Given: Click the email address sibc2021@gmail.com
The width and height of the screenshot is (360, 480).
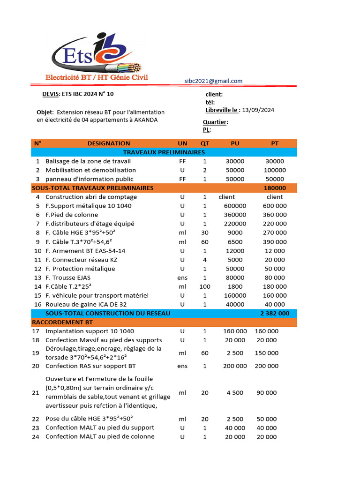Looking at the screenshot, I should tap(213, 81).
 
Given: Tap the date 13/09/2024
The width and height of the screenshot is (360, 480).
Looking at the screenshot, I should tap(258, 110).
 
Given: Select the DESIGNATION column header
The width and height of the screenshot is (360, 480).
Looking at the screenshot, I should tap(109, 143).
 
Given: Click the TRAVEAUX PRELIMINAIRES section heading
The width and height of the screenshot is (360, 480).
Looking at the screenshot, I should tap(164, 152).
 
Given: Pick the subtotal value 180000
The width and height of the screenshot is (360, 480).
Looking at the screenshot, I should tap(275, 188).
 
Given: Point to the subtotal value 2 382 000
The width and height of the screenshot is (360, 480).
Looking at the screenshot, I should tap(274, 313).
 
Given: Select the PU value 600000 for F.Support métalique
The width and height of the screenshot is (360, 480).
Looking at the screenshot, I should tap(235, 206).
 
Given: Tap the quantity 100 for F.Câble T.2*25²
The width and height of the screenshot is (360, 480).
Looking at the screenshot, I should tap(205, 286).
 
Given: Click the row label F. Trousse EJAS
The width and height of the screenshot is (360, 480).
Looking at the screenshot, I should tap(68, 277).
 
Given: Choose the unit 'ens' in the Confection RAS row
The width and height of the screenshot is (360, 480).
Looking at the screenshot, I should tap(182, 366).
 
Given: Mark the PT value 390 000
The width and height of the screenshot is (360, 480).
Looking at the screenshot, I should tap(275, 242).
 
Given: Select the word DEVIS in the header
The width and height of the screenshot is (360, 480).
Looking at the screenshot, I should tap(51, 94).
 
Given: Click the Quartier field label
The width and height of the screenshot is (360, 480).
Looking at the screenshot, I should tap(215, 122).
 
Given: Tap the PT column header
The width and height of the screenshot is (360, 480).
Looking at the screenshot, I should tap(275, 143).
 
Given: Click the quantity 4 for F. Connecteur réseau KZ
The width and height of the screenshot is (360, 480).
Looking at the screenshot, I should tap(205, 260).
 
